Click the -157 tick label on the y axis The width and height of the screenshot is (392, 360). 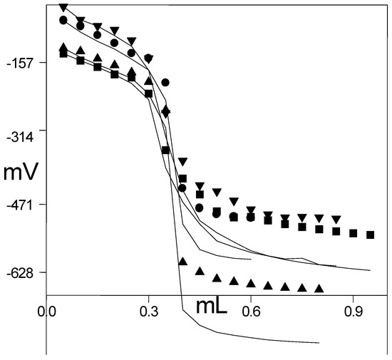pos(23,63)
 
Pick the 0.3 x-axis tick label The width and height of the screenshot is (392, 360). pos(148,312)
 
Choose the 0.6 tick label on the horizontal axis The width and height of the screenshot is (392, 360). pos(250,312)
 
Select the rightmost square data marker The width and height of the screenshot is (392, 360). pos(370,235)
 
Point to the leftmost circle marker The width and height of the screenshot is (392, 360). pos(63,20)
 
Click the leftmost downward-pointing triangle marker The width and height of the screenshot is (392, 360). pos(63,8)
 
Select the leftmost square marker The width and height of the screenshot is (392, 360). pos(63,53)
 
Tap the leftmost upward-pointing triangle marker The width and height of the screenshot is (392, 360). pos(63,47)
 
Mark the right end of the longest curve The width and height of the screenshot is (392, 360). pos(371,270)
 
